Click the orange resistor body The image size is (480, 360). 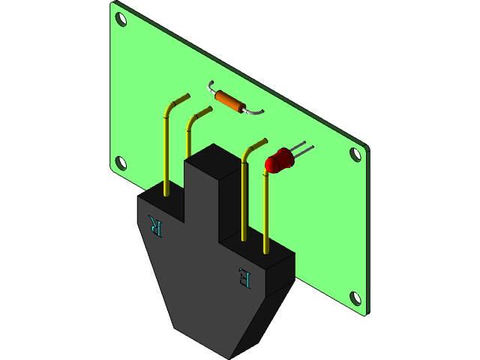228,100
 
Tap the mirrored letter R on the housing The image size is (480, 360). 155,224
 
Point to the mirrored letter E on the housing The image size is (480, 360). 244,277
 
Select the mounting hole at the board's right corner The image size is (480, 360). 355,154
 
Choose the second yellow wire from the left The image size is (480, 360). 187,139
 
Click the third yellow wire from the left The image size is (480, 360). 244,195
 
